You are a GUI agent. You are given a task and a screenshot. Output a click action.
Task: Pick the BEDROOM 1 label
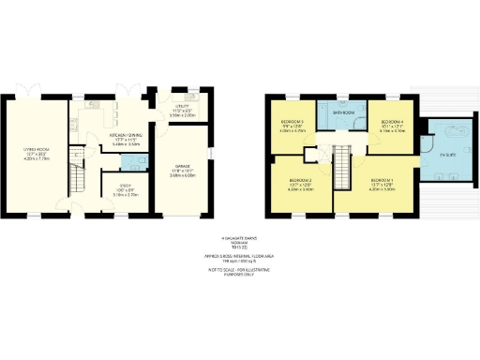382,179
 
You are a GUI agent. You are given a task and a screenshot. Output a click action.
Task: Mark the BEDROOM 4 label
392,122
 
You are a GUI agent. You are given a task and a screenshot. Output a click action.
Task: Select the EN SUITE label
434,153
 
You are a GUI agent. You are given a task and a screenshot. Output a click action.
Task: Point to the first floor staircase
342,168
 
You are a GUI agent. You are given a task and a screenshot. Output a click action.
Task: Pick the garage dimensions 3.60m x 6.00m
182,176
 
